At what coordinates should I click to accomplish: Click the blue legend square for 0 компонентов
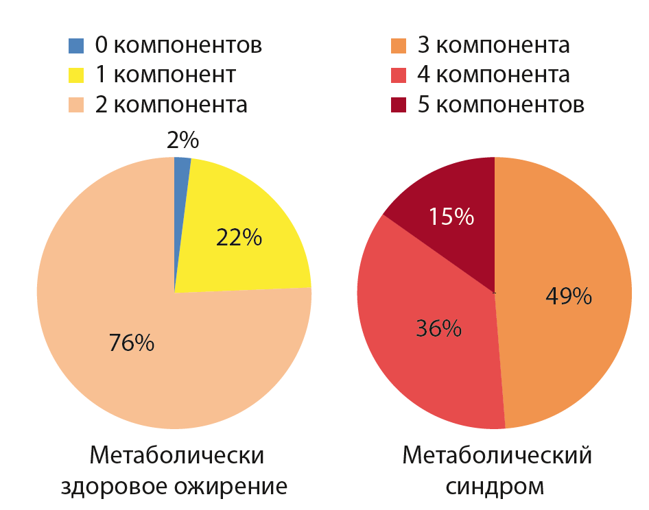(76, 46)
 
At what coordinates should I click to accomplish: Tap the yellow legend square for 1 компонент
(76, 75)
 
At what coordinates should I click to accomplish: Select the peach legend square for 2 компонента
(76, 105)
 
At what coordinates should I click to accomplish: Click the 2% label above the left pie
(182, 141)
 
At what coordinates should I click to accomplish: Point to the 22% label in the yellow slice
(239, 237)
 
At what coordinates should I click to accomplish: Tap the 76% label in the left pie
(132, 342)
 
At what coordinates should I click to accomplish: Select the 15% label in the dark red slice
(451, 217)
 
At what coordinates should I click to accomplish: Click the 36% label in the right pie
(438, 328)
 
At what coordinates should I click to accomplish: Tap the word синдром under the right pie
(495, 487)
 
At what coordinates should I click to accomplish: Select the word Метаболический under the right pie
(495, 456)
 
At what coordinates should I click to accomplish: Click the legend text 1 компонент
(165, 75)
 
